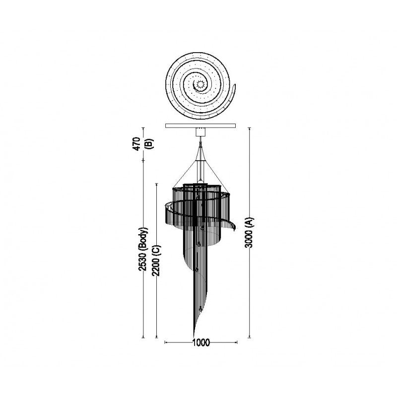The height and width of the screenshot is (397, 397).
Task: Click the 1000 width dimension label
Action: pyautogui.click(x=201, y=342)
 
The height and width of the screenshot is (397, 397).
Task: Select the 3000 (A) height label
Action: pyautogui.click(x=250, y=232)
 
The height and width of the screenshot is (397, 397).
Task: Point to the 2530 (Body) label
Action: pyautogui.click(x=143, y=249)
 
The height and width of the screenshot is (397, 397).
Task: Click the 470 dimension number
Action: pyautogui.click(x=137, y=144)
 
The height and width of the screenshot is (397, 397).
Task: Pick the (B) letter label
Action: pyautogui.click(x=150, y=143)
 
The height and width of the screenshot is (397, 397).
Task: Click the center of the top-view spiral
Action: pyautogui.click(x=200, y=84)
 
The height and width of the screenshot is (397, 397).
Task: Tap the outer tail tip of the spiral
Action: pyautogui.click(x=235, y=84)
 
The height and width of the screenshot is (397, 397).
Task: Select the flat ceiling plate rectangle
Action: pyautogui.click(x=200, y=126)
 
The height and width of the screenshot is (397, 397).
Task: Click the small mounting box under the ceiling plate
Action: pyautogui.click(x=200, y=132)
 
